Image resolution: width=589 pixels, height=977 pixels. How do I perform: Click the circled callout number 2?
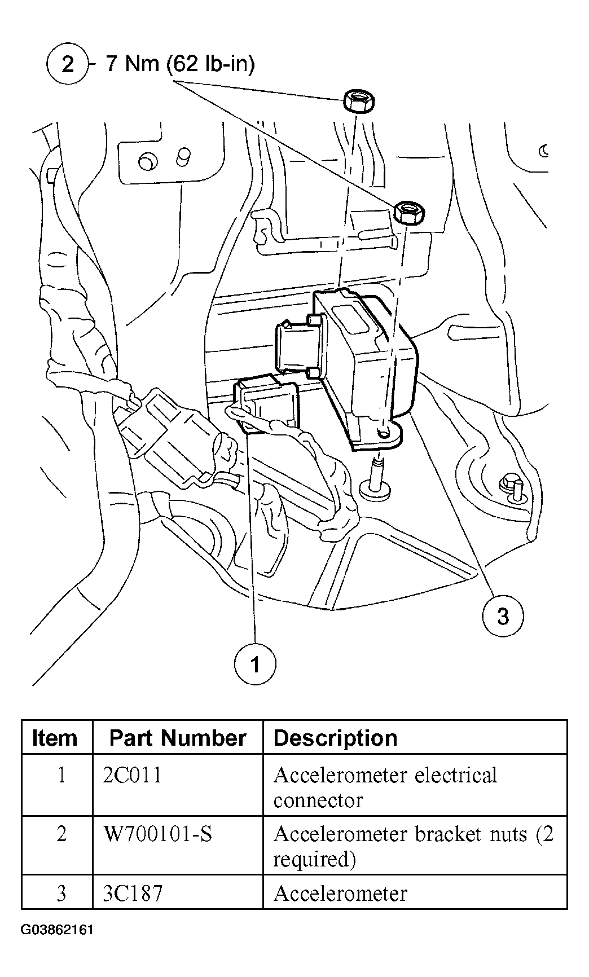pyautogui.click(x=67, y=64)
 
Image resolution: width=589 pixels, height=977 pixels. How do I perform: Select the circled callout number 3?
pyautogui.click(x=502, y=615)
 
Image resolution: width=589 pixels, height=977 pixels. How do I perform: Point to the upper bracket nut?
pyautogui.click(x=358, y=102)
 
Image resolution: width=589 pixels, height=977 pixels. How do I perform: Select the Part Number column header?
pyautogui.click(x=177, y=738)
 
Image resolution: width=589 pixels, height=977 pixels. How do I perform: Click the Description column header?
pyautogui.click(x=335, y=738)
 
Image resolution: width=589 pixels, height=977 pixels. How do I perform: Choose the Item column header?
pyautogui.click(x=55, y=738)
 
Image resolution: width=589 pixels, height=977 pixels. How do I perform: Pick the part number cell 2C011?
pyautogui.click(x=133, y=775)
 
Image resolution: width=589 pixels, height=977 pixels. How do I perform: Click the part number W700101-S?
pyautogui.click(x=158, y=834)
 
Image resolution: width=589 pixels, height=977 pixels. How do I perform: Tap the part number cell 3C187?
pyautogui.click(x=133, y=894)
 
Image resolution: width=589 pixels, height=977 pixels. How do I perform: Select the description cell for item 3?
pyautogui.click(x=340, y=894)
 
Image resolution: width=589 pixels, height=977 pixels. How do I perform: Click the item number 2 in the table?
pyautogui.click(x=61, y=834)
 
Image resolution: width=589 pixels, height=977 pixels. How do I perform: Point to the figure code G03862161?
pyautogui.click(x=57, y=945)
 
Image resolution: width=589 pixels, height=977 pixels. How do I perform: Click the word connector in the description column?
pyautogui.click(x=318, y=800)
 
